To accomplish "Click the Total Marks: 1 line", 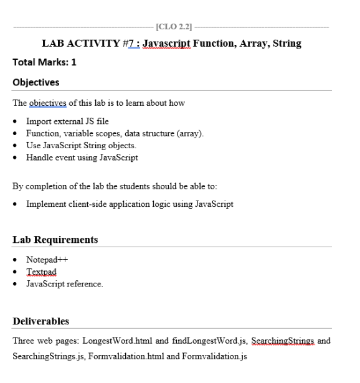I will click(x=40, y=63).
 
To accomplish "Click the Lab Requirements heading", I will click(x=55, y=239).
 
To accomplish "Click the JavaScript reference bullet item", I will click(x=64, y=284).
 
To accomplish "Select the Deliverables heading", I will click(x=41, y=321).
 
